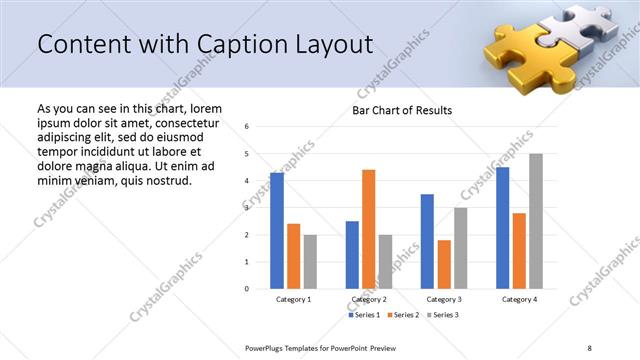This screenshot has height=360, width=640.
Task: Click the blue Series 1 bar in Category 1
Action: pos(277,231)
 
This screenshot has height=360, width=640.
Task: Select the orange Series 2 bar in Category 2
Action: pos(368,229)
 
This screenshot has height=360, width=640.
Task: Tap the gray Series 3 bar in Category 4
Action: pos(536,221)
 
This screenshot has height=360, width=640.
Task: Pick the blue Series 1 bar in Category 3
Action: pos(427,241)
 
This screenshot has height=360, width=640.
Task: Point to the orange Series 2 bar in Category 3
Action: pos(444,264)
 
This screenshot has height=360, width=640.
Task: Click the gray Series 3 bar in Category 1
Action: pos(310,261)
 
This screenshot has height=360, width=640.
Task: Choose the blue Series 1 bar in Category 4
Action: pos(502,228)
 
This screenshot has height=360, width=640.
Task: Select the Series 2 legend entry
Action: pos(402,315)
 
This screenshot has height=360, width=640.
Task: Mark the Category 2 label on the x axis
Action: pos(368,299)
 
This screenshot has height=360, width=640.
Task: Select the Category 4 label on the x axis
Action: pos(519,299)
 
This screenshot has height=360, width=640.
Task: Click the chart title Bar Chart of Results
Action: pos(402,110)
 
